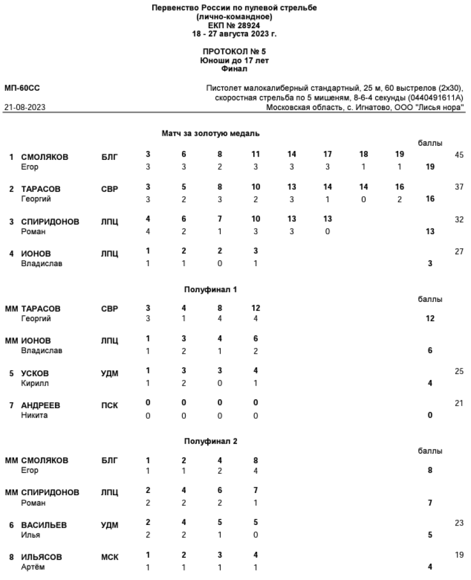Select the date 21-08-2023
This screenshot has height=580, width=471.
click(x=25, y=107)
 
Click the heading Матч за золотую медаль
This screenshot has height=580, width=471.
click(x=210, y=134)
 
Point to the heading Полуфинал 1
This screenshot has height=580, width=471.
click(x=210, y=289)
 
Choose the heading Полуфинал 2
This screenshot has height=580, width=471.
click(x=210, y=441)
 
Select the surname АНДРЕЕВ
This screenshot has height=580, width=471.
click(x=40, y=406)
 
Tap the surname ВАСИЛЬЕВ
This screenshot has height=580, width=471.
click(x=44, y=526)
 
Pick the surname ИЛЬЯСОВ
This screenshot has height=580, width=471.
click(x=41, y=557)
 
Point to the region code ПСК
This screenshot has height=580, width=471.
click(x=109, y=406)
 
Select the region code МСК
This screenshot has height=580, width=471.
click(x=109, y=557)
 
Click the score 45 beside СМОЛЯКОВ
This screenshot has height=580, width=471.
click(x=459, y=155)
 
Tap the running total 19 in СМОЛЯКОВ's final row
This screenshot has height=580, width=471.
click(x=400, y=155)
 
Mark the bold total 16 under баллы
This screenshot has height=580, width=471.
click(x=430, y=199)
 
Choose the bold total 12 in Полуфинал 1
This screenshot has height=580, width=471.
click(x=430, y=319)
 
